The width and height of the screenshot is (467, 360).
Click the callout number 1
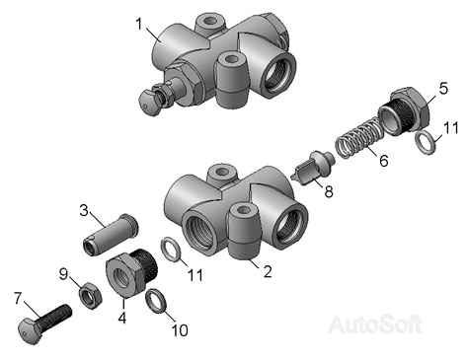(x=139, y=24)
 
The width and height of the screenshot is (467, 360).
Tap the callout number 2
(x=268, y=271)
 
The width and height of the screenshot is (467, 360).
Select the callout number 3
(x=84, y=210)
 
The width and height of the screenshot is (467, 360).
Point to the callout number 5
(x=443, y=88)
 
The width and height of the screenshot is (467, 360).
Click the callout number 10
(x=180, y=330)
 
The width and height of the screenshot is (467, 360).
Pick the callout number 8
(x=329, y=191)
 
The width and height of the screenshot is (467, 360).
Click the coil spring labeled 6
(x=359, y=139)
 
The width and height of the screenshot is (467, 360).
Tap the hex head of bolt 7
(x=29, y=331)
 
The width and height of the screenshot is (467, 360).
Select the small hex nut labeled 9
(x=90, y=296)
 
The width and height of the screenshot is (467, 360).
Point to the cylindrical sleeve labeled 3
(x=110, y=235)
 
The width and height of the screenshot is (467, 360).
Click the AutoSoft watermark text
(x=375, y=324)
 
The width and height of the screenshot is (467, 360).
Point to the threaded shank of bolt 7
(x=54, y=317)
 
